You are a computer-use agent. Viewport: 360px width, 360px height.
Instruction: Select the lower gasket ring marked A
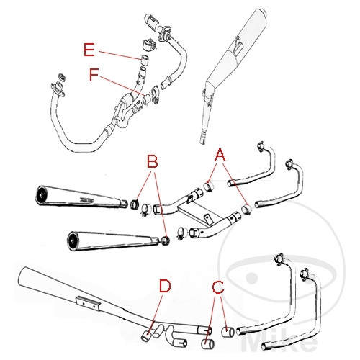tap(246, 210)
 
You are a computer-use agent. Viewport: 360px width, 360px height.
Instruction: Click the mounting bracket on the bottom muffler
tap(89, 303)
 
